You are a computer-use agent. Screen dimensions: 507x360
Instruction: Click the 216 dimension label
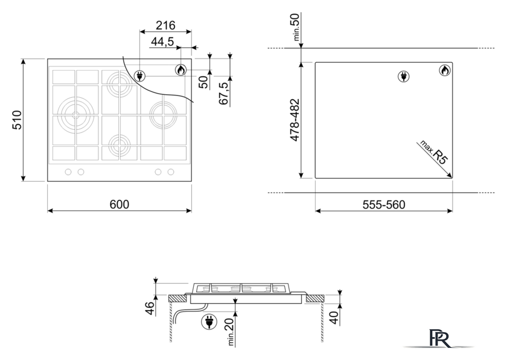[165, 25]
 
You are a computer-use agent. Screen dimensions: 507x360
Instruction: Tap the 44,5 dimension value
[162, 42]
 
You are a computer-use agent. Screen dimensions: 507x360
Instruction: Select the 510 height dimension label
[17, 120]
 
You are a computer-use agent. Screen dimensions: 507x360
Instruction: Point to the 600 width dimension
[120, 204]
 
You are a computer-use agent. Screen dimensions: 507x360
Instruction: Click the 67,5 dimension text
[224, 93]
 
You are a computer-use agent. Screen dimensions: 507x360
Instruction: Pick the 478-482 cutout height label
[295, 120]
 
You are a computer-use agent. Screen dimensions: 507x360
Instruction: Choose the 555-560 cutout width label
[384, 205]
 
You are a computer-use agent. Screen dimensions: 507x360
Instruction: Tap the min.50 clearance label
[296, 27]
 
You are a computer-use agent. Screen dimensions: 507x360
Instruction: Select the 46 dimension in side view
[150, 308]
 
